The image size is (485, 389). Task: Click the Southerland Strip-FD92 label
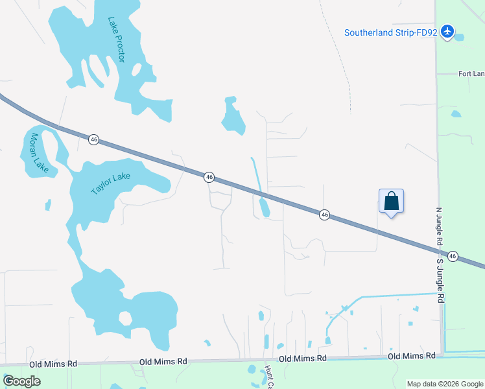[x=391, y=32]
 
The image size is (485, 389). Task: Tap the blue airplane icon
[x=447, y=31]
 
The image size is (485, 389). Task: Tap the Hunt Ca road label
[x=267, y=377]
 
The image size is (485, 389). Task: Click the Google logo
[x=21, y=381]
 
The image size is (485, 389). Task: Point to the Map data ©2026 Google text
[x=445, y=384]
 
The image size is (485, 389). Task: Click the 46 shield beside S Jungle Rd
[x=453, y=256]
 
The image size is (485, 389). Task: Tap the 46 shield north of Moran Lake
[x=95, y=139]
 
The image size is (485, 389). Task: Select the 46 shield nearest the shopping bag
[x=325, y=215]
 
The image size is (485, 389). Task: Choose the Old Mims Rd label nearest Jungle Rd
[x=412, y=356]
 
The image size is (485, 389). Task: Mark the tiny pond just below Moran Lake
[x=48, y=205]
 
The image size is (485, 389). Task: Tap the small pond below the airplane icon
[x=460, y=37]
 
